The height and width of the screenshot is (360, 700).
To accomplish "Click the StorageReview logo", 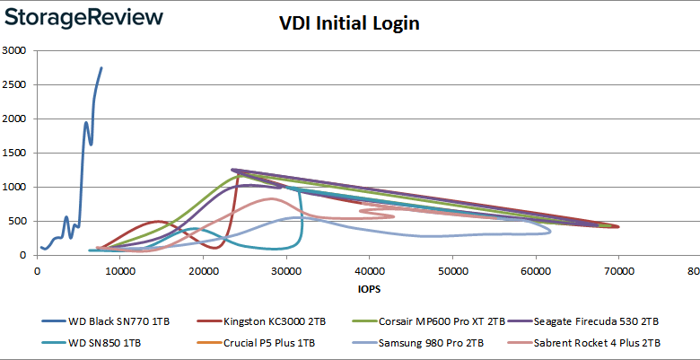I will [x=82, y=18].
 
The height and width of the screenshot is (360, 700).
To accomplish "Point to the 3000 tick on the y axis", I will [x=14, y=50].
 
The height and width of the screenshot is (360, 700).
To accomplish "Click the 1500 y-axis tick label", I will [x=14, y=153].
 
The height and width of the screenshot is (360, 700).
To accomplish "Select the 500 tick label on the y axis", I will [x=18, y=221].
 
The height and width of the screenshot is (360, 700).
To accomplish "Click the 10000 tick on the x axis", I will [x=120, y=270].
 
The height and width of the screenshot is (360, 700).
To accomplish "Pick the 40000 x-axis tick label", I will [x=370, y=270].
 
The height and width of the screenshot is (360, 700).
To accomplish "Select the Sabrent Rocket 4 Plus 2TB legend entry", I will [x=595, y=342].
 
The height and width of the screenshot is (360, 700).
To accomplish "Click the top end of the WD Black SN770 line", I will [x=101, y=67].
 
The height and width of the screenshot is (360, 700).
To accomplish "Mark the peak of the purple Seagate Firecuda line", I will [x=232, y=169].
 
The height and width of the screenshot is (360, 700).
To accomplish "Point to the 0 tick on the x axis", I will [x=37, y=270].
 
